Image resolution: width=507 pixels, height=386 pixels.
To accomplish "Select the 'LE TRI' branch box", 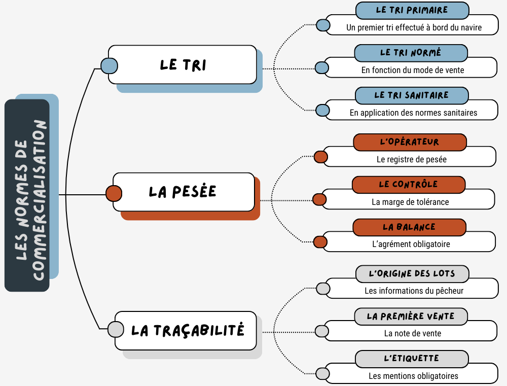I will [183, 64].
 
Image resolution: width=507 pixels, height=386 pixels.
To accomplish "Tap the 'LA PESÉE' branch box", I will [183, 192].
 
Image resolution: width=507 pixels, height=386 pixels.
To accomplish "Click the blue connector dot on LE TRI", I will [109, 65].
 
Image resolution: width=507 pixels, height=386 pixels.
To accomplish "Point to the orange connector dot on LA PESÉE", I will [114, 193].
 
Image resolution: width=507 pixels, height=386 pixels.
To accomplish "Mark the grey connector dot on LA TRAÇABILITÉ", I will [116, 329].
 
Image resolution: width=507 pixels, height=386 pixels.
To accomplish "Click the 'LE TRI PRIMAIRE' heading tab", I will [412, 10].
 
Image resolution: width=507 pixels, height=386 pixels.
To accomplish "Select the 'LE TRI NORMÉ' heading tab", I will [410, 53].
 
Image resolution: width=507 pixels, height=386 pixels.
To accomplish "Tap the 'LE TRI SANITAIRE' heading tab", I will [411, 95].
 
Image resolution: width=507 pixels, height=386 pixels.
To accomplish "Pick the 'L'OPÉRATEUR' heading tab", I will [409, 142].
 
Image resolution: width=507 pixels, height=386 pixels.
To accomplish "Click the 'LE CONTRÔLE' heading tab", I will [408, 185].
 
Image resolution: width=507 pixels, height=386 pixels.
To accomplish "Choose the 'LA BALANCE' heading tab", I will [409, 227].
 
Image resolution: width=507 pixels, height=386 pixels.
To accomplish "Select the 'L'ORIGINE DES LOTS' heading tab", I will [412, 274].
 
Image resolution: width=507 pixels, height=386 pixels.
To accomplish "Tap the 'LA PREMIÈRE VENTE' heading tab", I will [410, 317].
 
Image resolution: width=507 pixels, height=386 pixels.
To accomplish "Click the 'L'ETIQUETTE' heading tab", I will [411, 359].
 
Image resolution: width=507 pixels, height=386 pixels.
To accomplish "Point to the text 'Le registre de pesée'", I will [412, 159].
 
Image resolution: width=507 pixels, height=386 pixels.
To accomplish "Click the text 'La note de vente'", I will [412, 333].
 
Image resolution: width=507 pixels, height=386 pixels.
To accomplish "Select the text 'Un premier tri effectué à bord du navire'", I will [414, 27].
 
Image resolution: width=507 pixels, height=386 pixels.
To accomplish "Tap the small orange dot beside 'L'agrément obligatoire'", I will [320, 242].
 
